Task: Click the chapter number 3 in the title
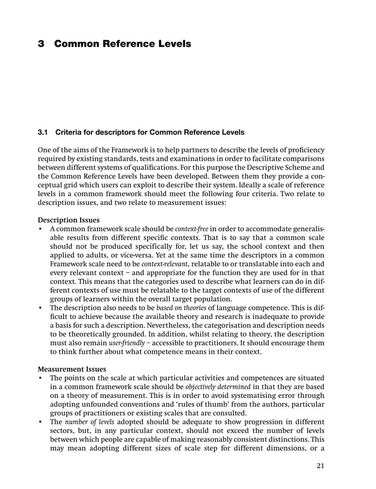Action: (x=41, y=44)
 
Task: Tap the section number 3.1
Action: (x=43, y=132)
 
